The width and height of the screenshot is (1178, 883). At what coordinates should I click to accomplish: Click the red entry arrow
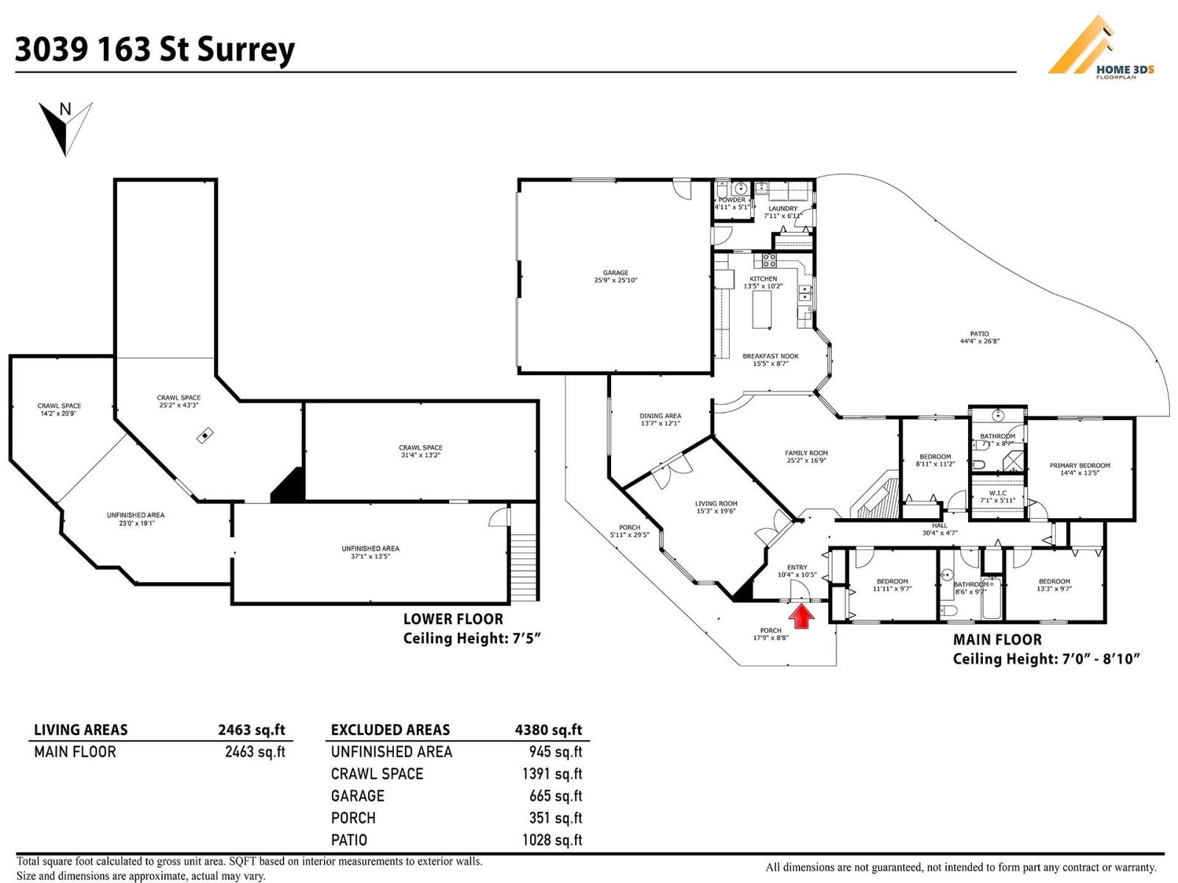tap(802, 617)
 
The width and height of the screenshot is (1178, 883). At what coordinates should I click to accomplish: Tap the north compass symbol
tap(66, 127)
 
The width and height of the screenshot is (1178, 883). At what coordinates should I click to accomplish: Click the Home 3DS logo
tap(1100, 49)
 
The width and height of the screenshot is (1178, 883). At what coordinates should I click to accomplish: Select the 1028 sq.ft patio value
tap(551, 840)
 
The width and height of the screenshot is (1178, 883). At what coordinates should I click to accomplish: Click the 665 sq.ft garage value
tap(555, 795)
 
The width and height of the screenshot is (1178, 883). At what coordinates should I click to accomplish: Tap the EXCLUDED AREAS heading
tap(390, 730)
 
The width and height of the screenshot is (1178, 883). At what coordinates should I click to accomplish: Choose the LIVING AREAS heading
tap(81, 730)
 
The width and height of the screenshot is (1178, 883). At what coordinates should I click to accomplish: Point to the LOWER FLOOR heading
tap(453, 620)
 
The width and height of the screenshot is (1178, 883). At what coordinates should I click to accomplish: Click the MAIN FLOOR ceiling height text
tap(1046, 659)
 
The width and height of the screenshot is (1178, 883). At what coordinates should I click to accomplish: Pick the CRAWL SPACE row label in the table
tap(377, 773)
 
